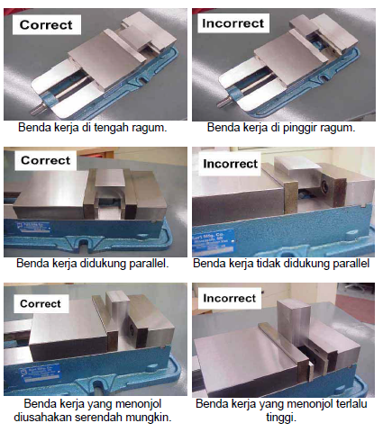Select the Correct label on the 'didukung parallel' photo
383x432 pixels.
pos(46,161)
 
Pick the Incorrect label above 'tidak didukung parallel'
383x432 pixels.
pos(231,164)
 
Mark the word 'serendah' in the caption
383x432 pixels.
pos(107,416)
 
